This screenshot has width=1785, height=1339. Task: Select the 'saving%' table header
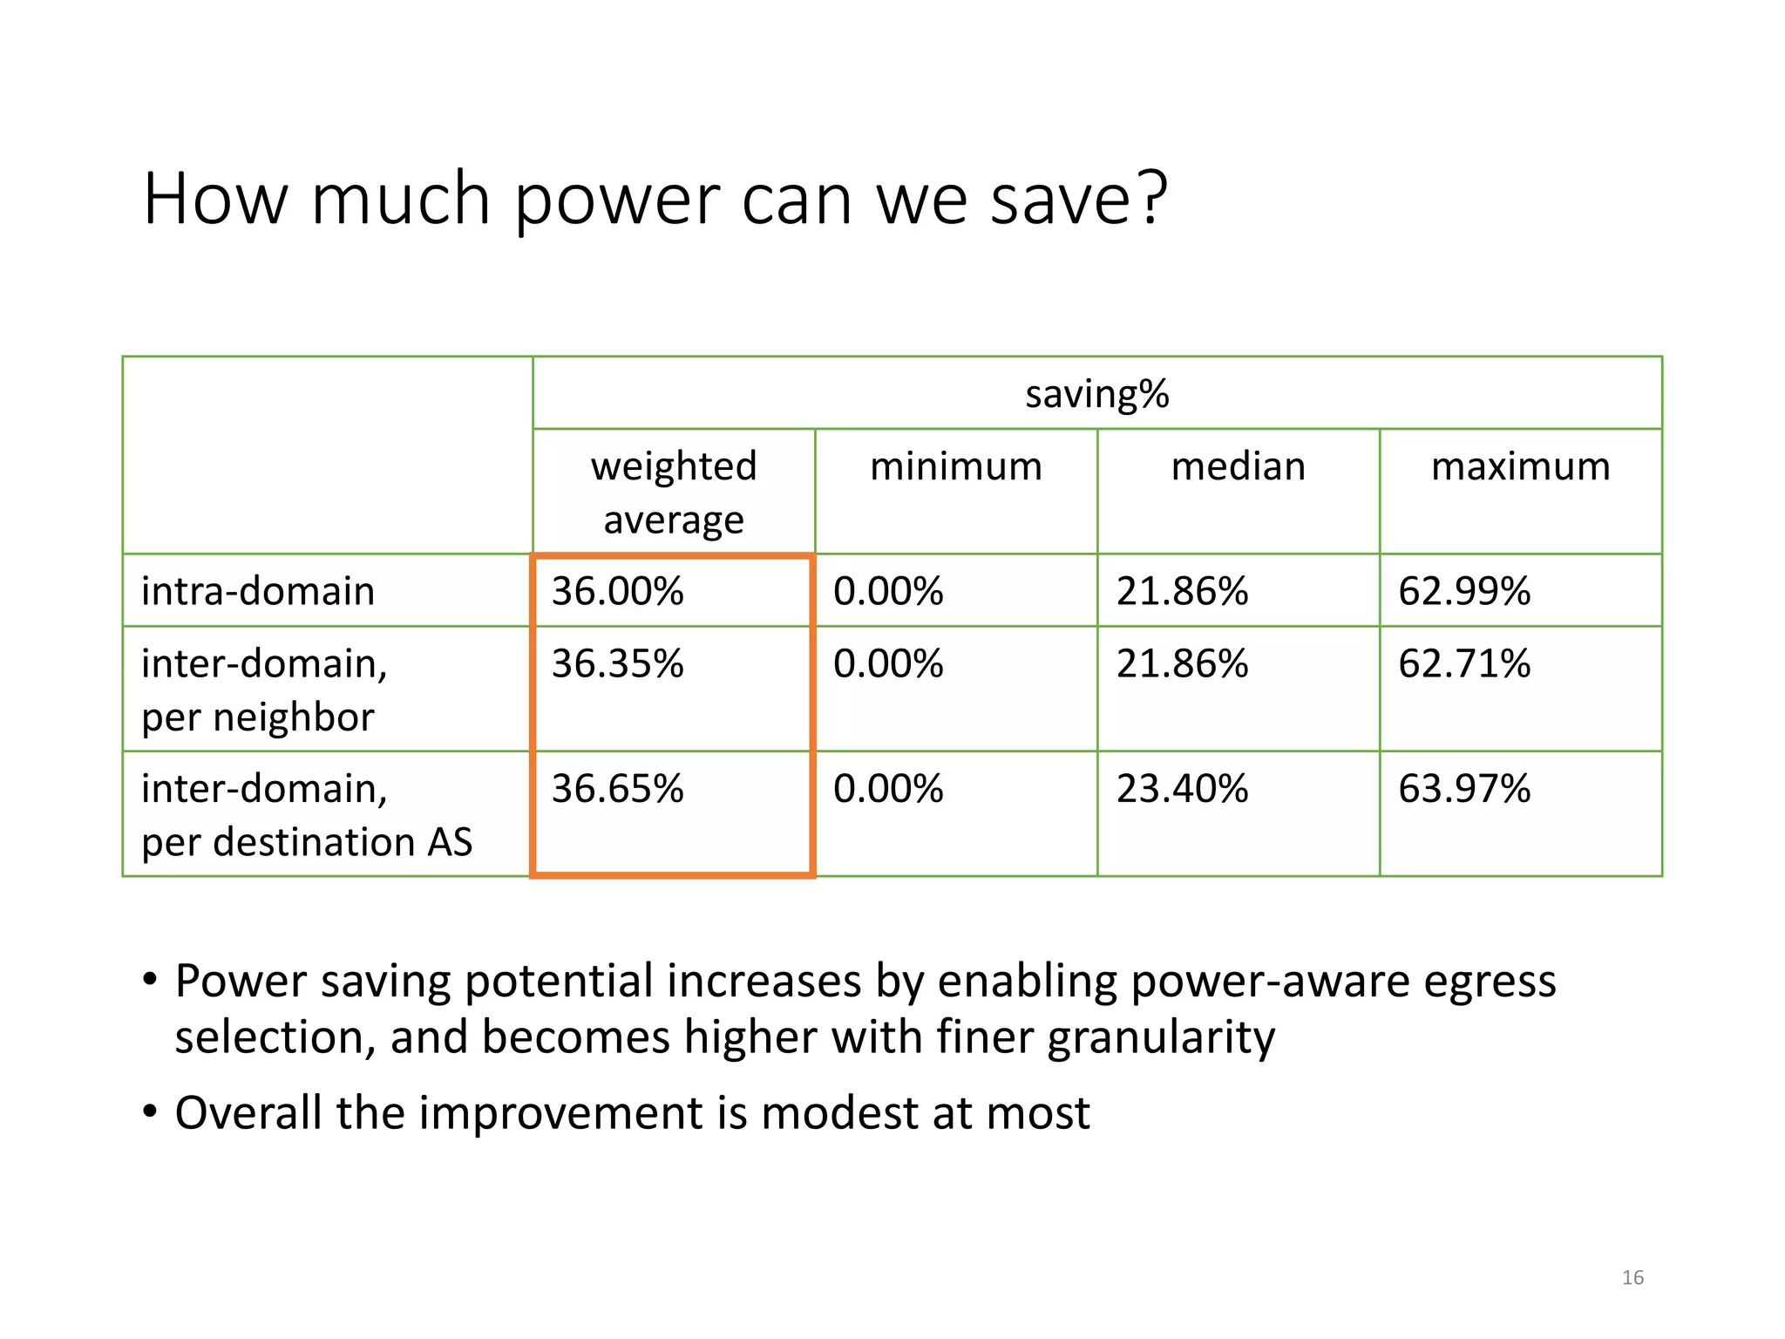pos(1096,394)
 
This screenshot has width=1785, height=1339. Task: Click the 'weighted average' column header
pos(674,493)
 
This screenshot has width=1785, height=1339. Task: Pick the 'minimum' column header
pos(956,466)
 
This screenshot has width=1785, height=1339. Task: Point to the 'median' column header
pos(1238,466)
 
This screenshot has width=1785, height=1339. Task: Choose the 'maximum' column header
pos(1520,466)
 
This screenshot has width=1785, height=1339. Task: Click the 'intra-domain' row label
pos(258,591)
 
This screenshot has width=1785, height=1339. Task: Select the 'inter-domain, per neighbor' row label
pos(264,690)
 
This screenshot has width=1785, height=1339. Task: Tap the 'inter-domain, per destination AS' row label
pos(307,814)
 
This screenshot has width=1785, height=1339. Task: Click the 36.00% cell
pos(617,591)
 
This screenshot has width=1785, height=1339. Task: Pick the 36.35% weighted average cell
pos(617,663)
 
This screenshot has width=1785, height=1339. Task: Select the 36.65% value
pos(617,788)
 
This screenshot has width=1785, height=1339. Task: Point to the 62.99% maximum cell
pos(1464,591)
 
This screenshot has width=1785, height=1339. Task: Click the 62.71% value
pos(1464,663)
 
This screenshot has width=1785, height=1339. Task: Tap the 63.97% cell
pos(1464,788)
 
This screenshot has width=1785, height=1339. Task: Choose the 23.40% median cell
pos(1182,788)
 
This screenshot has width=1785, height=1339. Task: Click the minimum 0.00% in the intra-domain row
pos(888,591)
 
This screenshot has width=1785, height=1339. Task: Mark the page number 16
pos(1632,1277)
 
